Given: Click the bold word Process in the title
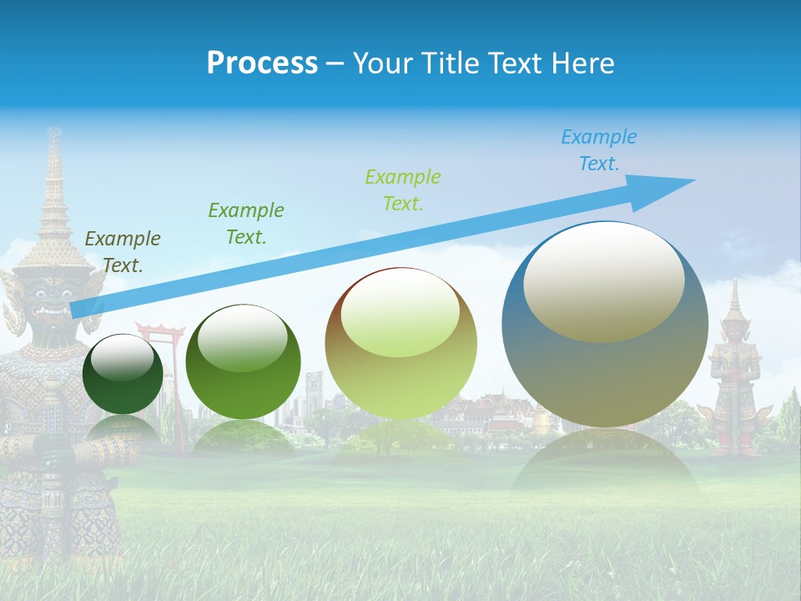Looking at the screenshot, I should coord(262,63).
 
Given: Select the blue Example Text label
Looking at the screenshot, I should coord(598,150).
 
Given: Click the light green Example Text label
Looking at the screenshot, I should coord(403,189).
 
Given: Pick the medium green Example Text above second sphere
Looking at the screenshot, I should coord(246,223).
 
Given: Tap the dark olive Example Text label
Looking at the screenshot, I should coord(123,251).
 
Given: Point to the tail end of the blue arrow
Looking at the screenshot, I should coord(77,310).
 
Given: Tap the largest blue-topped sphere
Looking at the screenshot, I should coord(605,326).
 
